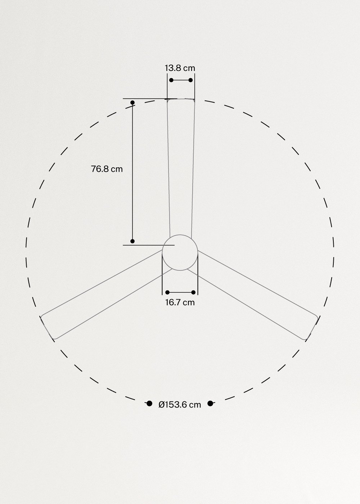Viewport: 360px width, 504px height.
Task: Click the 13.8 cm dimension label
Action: [x=180, y=68]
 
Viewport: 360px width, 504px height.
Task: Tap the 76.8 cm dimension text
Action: [x=107, y=169]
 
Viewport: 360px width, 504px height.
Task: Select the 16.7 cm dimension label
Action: [x=180, y=302]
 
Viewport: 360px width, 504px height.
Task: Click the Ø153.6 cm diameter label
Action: [x=180, y=405]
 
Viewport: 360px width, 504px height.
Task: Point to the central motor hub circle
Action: [x=180, y=252]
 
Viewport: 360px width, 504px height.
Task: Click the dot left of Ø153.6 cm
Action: [x=149, y=404]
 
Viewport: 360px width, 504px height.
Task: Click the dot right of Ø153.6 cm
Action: [x=211, y=404]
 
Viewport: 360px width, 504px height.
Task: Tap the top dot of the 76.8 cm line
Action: [x=132, y=103]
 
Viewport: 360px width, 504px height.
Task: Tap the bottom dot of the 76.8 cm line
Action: [x=132, y=241]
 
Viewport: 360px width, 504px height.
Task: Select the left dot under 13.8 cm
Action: [x=171, y=80]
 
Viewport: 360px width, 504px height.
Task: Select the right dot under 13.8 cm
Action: [x=191, y=80]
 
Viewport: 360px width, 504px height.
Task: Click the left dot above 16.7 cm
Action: [x=167, y=292]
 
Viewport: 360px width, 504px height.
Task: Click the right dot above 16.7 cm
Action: [x=194, y=292]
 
